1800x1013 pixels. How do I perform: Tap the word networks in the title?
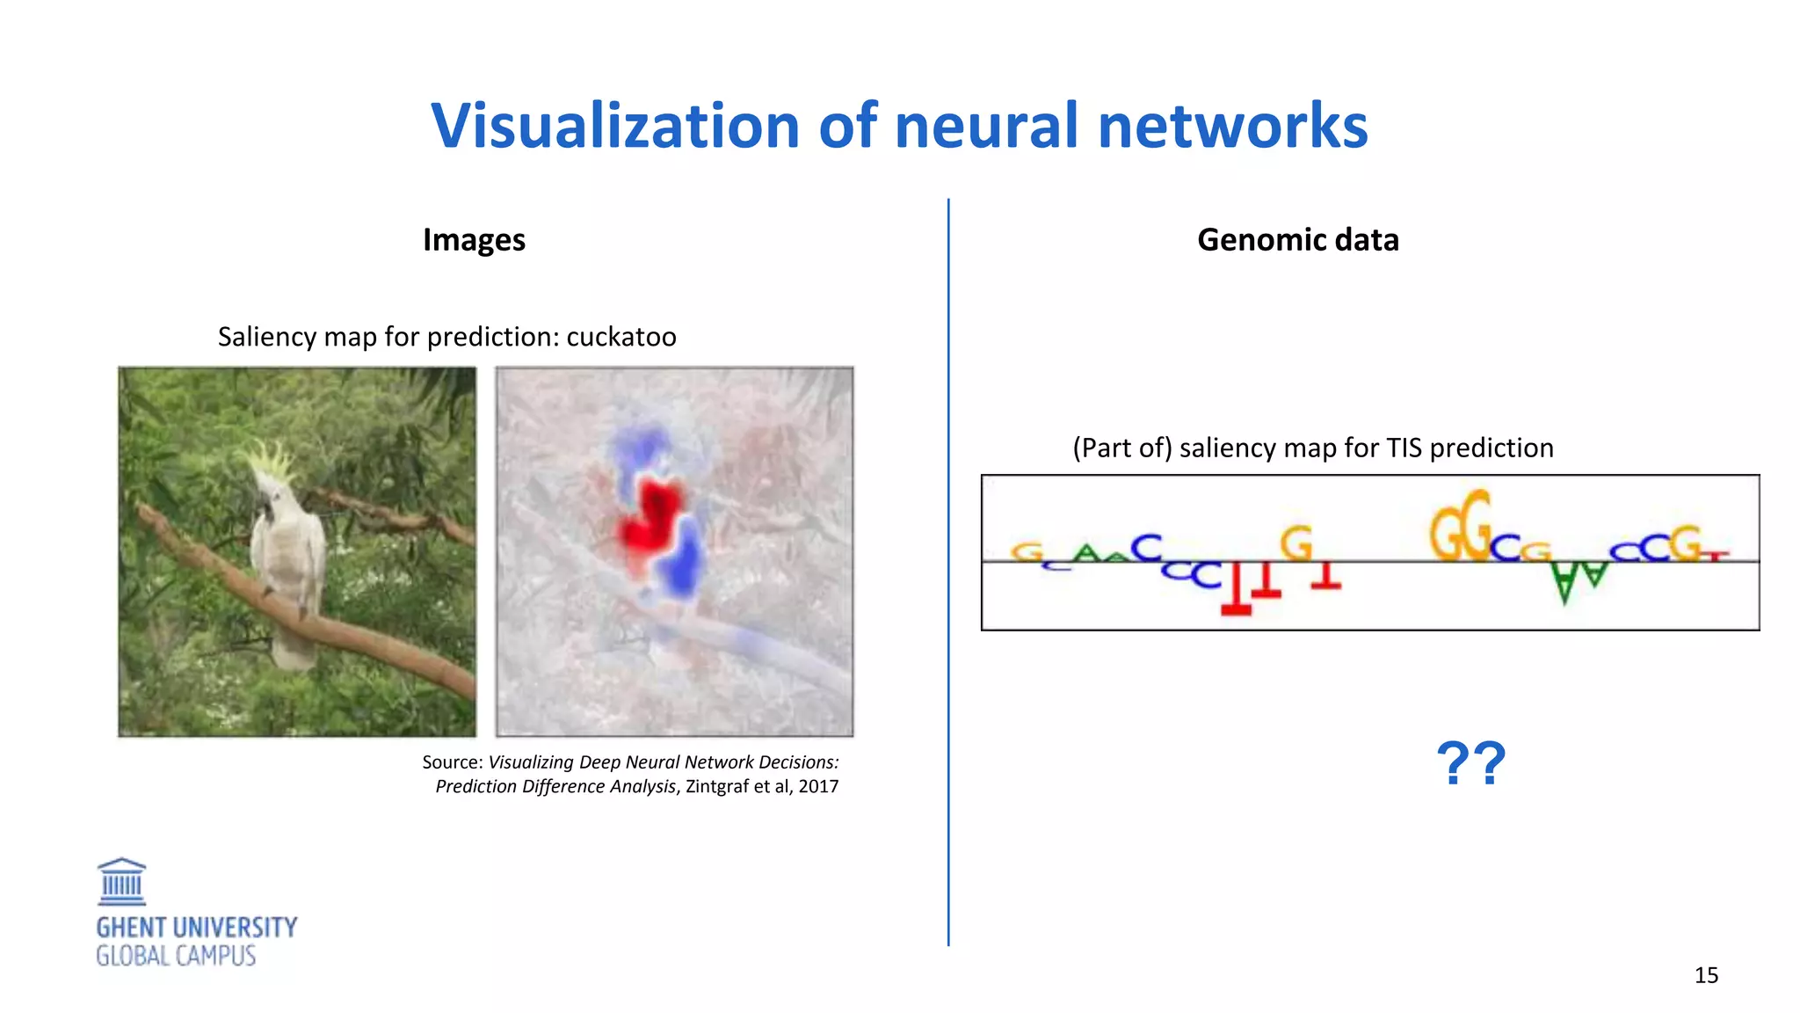tap(1232, 126)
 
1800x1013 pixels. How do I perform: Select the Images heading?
tap(474, 240)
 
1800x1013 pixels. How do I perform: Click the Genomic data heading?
tap(1297, 240)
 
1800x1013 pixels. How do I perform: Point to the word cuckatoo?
tap(621, 337)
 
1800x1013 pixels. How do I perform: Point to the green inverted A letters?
tap(1578, 580)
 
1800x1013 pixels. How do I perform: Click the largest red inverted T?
tap(1236, 589)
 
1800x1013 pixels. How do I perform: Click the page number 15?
tap(1706, 975)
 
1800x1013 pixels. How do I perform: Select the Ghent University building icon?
tap(121, 882)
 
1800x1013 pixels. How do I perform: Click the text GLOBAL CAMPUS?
tap(176, 956)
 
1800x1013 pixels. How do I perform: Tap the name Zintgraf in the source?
tap(717, 786)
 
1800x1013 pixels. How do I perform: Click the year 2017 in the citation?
tap(818, 786)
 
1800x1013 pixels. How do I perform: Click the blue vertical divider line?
tap(948, 572)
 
